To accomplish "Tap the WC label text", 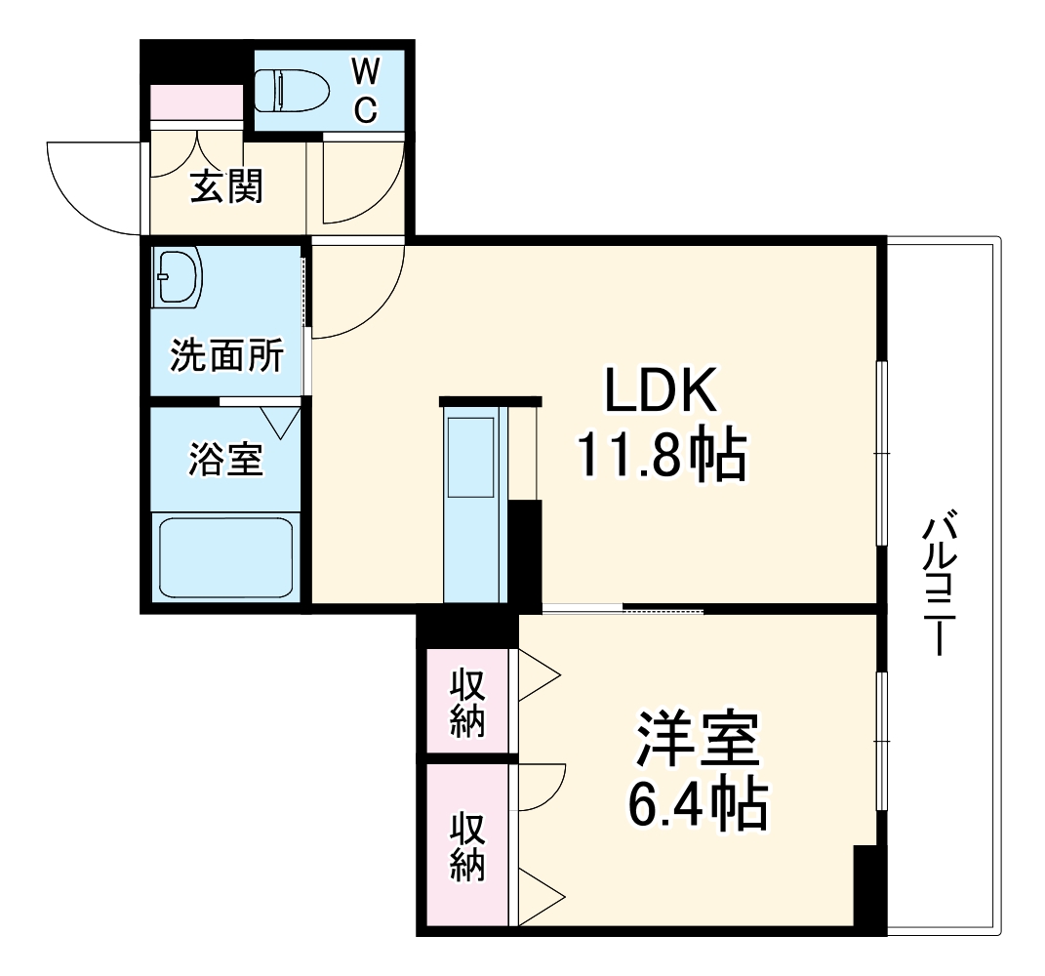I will pos(364,90).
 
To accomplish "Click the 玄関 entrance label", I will pos(225,186).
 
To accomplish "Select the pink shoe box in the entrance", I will pos(196,102).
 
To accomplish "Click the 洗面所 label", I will pos(227,357).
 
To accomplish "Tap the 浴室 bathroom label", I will pos(225,460).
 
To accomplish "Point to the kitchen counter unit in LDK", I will pos(473,508).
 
